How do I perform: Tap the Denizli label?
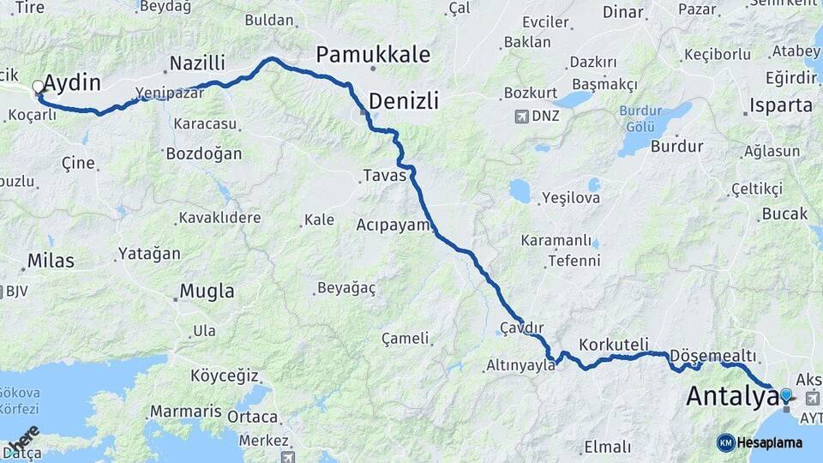point(404,101)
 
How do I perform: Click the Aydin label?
point(72,83)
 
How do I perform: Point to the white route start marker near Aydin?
point(38,87)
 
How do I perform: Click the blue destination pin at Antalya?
point(785,395)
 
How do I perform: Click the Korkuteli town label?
point(613,345)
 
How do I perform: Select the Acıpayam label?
point(393,225)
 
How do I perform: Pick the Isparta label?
point(780,106)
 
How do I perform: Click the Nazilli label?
point(197,63)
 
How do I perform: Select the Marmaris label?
point(186,412)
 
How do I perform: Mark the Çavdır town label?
point(522,328)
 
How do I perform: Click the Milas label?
point(51,261)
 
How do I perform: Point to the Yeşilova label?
point(570,198)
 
